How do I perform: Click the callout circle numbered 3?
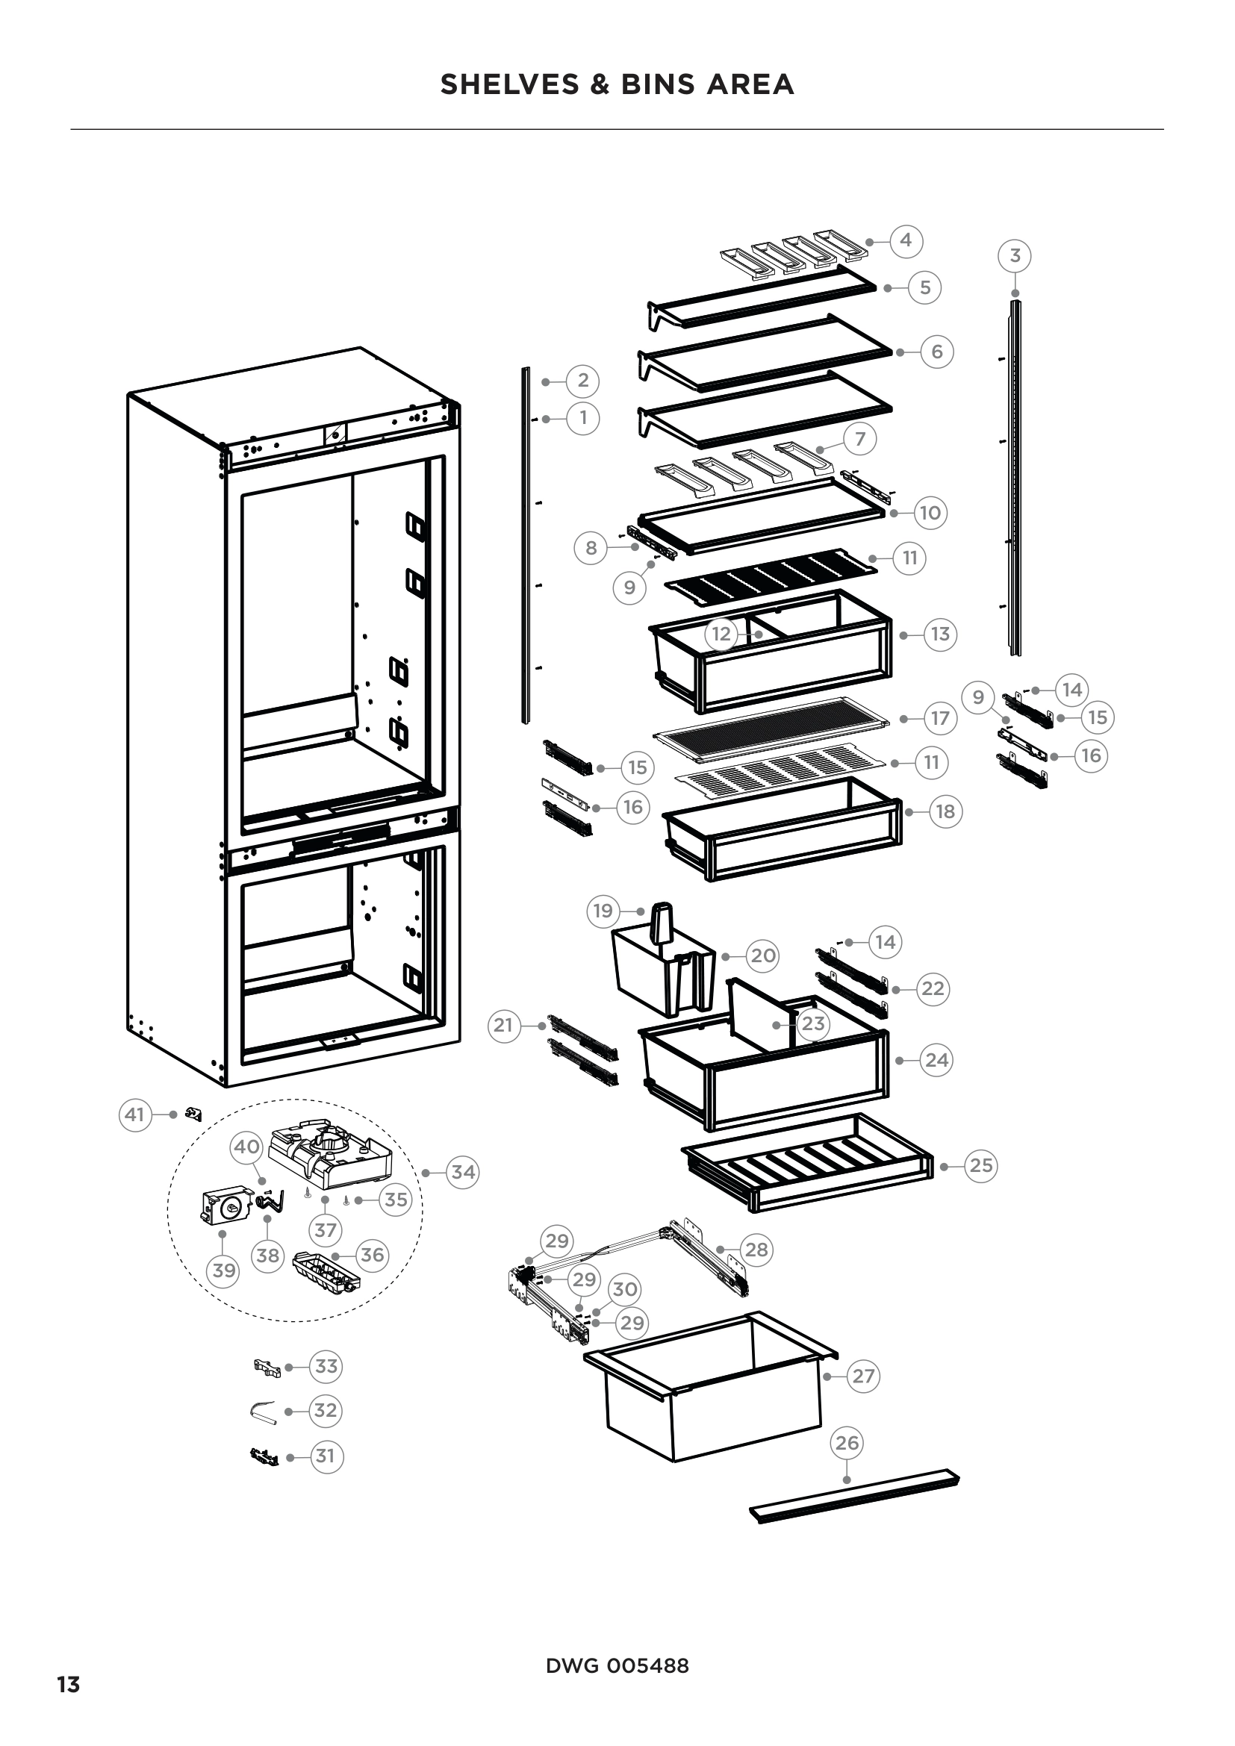[1015, 255]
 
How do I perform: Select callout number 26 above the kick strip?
[847, 1443]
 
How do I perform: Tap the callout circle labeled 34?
[463, 1172]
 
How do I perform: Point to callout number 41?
[134, 1114]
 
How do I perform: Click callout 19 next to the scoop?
[603, 910]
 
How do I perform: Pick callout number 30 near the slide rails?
[624, 1289]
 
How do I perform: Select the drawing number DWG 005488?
[617, 1665]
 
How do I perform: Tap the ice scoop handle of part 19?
[662, 922]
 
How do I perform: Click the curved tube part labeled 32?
[262, 1411]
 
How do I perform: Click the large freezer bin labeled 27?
[711, 1391]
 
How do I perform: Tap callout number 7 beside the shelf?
[860, 439]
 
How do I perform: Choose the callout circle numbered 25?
[980, 1165]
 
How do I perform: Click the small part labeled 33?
[267, 1368]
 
